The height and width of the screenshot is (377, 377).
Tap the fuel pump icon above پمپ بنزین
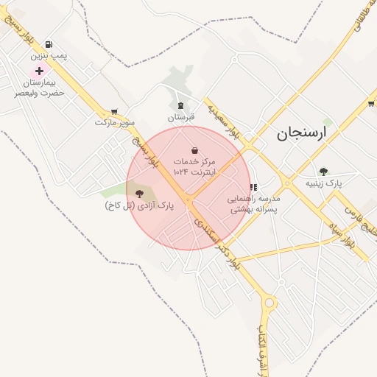[x=49, y=45]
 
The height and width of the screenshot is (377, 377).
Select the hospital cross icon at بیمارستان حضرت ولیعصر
[x=39, y=71]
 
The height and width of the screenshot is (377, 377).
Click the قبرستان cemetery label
[x=181, y=117]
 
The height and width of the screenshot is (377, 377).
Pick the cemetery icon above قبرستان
[x=181, y=105]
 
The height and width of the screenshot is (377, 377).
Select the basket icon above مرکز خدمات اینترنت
[x=194, y=149]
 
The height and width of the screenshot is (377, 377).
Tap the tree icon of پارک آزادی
[x=140, y=194]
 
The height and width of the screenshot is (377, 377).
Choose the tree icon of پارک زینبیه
[x=323, y=172]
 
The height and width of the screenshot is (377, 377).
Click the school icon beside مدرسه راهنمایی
[x=253, y=188]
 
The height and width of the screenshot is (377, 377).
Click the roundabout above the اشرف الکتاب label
[x=269, y=302]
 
